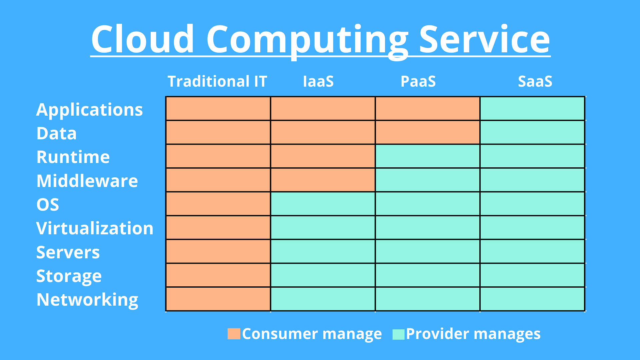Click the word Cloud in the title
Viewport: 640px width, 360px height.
pyautogui.click(x=143, y=39)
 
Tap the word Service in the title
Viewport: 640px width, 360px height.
pyautogui.click(x=484, y=39)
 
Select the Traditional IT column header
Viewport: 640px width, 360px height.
pyautogui.click(x=217, y=81)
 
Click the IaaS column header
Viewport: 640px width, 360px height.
pyautogui.click(x=318, y=81)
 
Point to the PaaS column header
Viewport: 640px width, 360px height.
pyautogui.click(x=418, y=81)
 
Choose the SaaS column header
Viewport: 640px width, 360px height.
pyautogui.click(x=535, y=81)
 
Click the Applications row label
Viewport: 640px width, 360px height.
pyautogui.click(x=89, y=110)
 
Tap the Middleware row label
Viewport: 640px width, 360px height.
pyautogui.click(x=87, y=181)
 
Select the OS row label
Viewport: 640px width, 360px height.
pyautogui.click(x=48, y=204)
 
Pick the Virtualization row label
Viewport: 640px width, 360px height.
pyautogui.click(x=95, y=228)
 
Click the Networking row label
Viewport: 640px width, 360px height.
pyautogui.click(x=87, y=300)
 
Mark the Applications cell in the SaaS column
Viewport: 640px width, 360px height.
pyautogui.click(x=532, y=108)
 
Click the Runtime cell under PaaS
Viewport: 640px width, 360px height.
pyautogui.click(x=428, y=156)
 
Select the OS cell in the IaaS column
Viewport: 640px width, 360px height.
pyautogui.click(x=323, y=204)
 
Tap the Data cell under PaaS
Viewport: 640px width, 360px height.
pyautogui.click(x=428, y=132)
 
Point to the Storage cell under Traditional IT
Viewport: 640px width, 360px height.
pyautogui.click(x=218, y=275)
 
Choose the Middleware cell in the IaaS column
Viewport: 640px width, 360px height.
pyautogui.click(x=323, y=180)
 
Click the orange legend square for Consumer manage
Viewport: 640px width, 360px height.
pyautogui.click(x=234, y=334)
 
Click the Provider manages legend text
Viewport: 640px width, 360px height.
pyautogui.click(x=473, y=334)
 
